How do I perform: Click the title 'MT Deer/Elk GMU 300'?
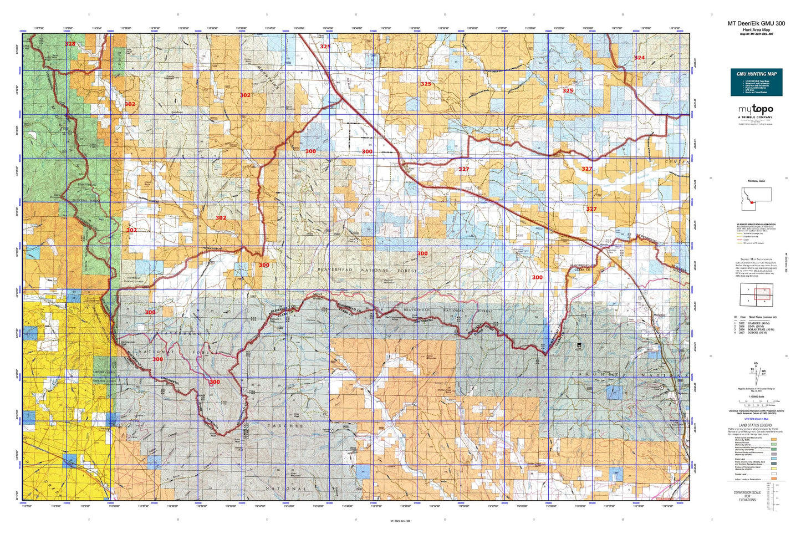click(756, 23)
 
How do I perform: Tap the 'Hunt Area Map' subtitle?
click(756, 29)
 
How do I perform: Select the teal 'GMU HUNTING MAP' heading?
click(756, 74)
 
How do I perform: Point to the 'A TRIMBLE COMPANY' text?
click(755, 118)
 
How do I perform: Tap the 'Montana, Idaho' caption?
click(756, 181)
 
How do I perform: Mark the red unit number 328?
click(70, 44)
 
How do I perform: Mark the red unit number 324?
click(639, 58)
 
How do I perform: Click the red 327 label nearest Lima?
click(464, 169)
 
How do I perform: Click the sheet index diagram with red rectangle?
click(756, 294)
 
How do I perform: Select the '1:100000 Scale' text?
click(756, 405)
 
